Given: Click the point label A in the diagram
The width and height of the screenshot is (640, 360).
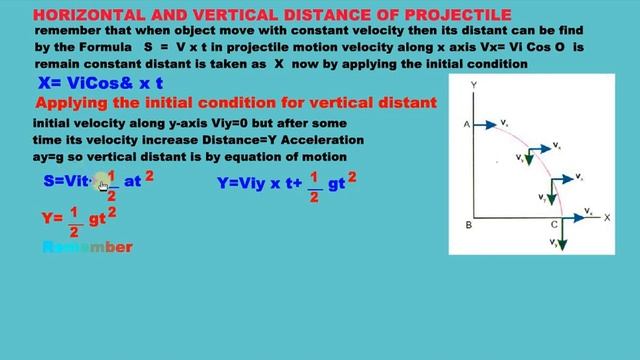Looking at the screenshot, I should pos(467,124).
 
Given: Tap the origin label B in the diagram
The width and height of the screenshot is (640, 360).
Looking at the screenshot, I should pos(468,225).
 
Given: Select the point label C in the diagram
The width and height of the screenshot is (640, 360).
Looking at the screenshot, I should pos(554,226).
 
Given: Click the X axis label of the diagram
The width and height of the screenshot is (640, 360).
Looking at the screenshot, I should pos(607,217).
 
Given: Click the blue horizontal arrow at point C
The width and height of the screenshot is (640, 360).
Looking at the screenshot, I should pos(577,214).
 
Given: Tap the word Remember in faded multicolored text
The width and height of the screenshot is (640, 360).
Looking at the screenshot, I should pos(88,246).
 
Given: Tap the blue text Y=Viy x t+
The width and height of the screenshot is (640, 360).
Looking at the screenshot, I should pos(258,183).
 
